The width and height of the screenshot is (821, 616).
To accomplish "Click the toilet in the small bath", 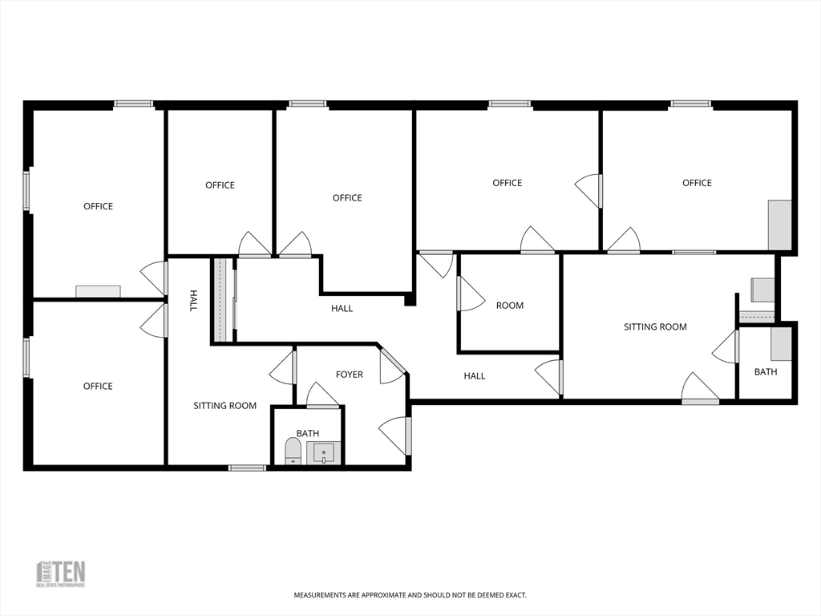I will tap(293, 451).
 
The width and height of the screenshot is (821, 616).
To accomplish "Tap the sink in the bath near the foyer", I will tap(324, 453).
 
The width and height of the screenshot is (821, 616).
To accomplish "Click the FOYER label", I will tap(349, 375).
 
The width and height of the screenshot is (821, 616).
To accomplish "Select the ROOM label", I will tap(509, 306).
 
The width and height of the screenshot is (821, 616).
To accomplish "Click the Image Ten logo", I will tap(61, 573).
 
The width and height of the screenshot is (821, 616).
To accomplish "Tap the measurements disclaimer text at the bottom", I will tap(410, 595).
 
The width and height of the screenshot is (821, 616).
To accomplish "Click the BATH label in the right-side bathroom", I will tap(765, 372).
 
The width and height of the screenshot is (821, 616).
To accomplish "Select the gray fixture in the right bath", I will tap(781, 344).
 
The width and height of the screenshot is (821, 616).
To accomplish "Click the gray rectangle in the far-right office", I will tap(780, 225).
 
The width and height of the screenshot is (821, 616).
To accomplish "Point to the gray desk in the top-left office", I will tap(98, 291).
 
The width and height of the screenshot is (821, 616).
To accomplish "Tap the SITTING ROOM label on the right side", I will tap(655, 327).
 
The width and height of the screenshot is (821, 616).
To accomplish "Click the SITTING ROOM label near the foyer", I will tap(224, 406).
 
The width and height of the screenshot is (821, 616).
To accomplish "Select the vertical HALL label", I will tap(193, 301).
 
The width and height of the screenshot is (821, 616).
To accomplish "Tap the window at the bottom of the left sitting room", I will tap(247, 467).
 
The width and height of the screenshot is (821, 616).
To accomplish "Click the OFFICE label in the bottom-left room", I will tap(98, 387).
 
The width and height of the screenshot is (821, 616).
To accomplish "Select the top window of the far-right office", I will tap(690, 103).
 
